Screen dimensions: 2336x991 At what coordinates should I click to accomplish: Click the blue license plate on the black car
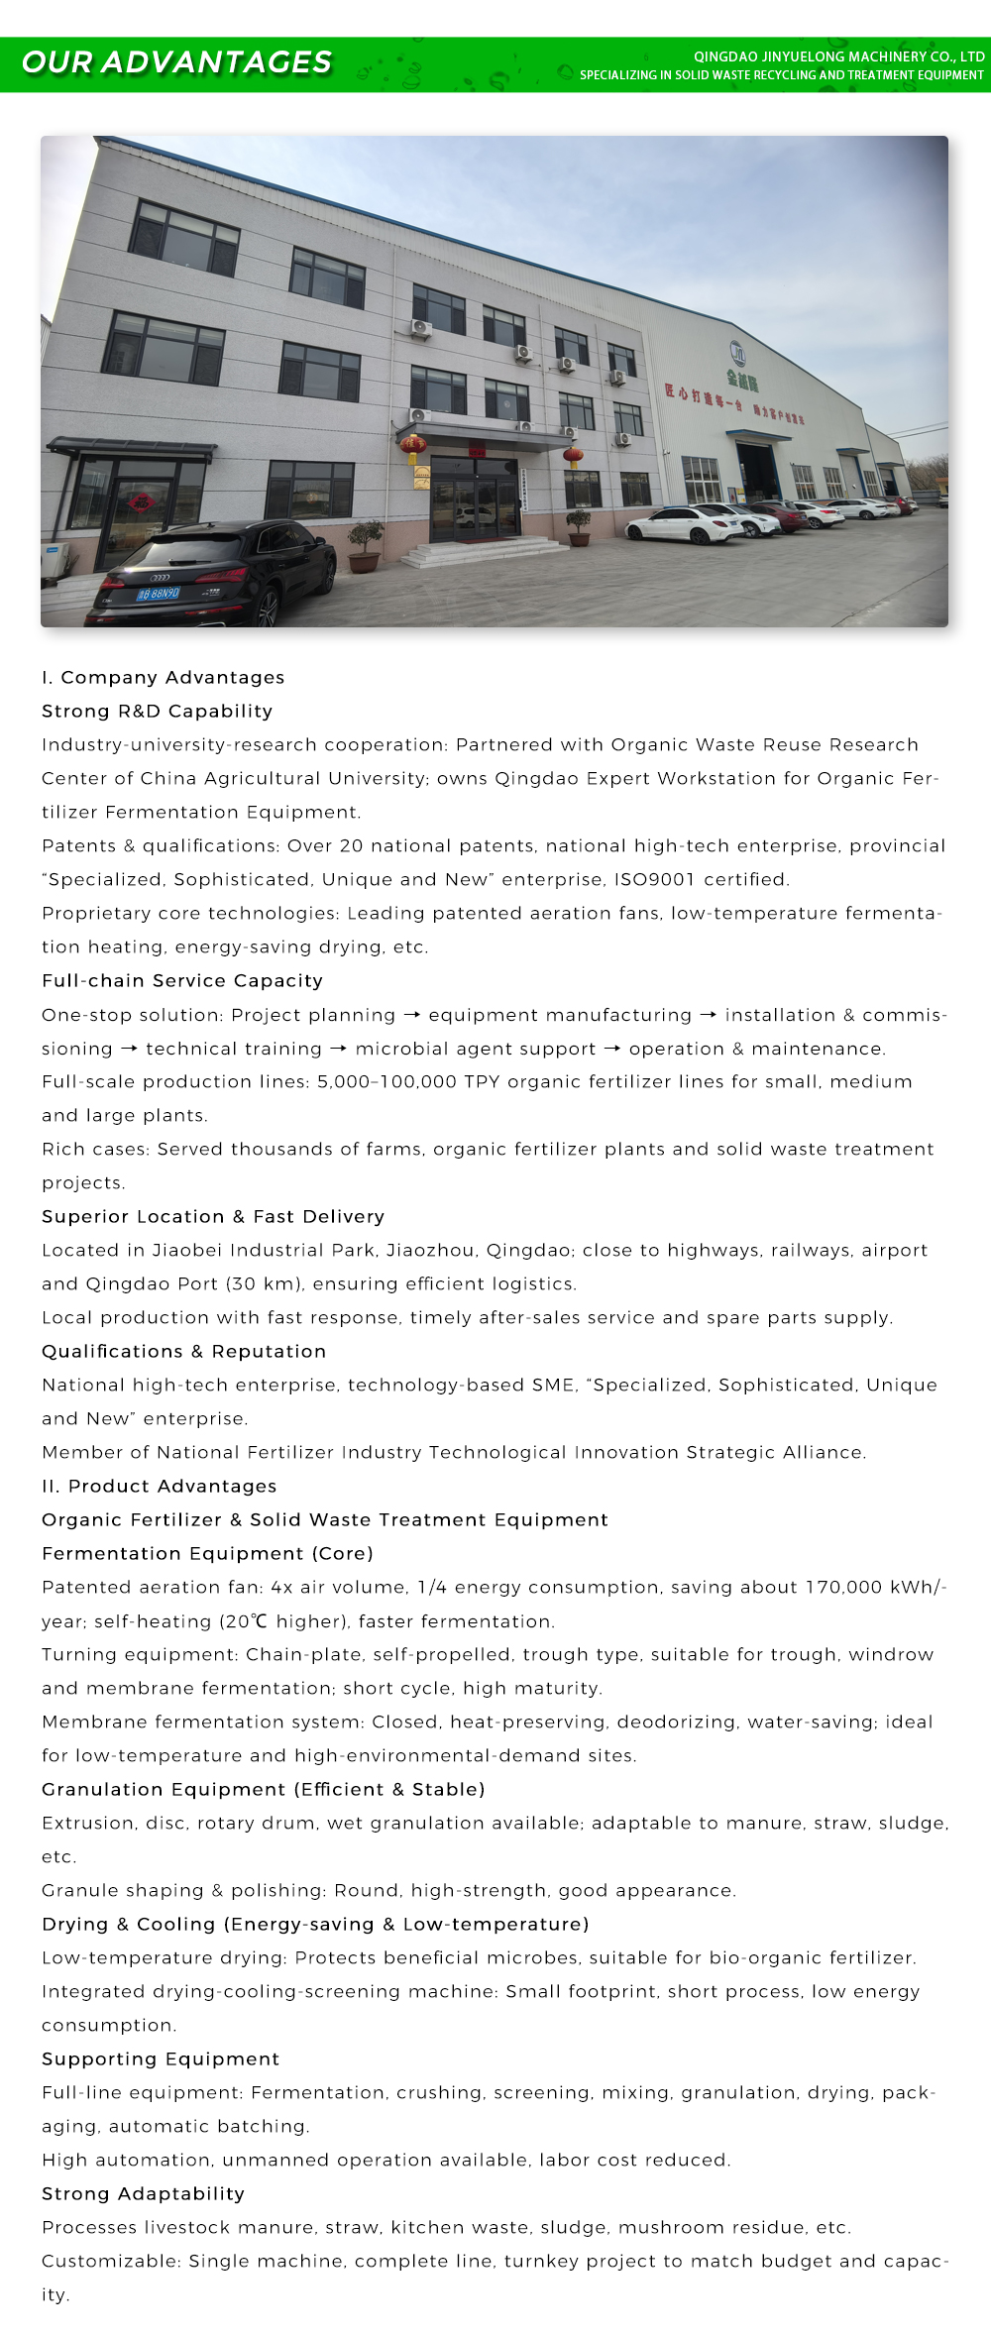pos(159,594)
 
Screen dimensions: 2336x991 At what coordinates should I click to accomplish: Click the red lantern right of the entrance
pos(573,456)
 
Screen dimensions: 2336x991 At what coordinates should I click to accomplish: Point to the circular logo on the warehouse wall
pos(737,353)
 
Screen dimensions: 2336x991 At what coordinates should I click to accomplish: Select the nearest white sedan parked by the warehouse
pos(684,524)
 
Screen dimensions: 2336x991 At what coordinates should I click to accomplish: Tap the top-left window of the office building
pos(184,238)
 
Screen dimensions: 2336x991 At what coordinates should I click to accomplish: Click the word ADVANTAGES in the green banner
pos(216,62)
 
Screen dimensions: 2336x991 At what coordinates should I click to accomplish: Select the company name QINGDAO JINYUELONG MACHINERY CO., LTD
pos(838,56)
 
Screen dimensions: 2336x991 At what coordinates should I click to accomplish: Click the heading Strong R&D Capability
pos(157,711)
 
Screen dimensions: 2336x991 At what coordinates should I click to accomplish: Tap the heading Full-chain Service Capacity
pos(182,980)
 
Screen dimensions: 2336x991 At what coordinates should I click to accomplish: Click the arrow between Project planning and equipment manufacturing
pos(412,1015)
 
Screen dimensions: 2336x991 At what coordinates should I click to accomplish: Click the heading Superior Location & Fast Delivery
pos(213,1216)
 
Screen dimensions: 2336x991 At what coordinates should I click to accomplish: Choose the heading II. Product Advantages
pos(159,1486)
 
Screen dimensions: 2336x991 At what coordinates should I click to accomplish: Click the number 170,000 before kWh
pos(842,1587)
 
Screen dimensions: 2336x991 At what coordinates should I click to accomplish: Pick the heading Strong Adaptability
pos(143,2193)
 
